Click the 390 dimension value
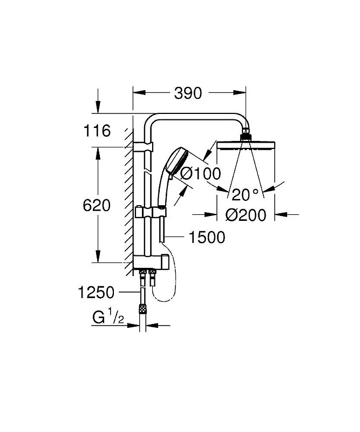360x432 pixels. coord(188,93)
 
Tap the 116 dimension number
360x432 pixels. coord(97,131)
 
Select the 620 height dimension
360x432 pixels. coord(97,206)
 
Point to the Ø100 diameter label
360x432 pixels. coord(201,173)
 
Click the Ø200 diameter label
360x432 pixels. coord(246,215)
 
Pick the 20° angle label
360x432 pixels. coord(245,195)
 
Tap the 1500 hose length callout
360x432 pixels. coord(207,237)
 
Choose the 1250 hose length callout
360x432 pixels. coord(96,292)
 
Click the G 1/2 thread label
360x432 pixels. coord(108,317)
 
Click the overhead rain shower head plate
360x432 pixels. coord(246,145)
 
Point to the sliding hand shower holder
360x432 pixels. coord(151,212)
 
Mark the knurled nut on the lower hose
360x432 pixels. coord(142,308)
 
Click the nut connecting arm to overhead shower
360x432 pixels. coord(246,137)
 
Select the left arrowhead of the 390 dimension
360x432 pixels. coord(139,93)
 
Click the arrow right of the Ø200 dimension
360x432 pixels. coord(287,214)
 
